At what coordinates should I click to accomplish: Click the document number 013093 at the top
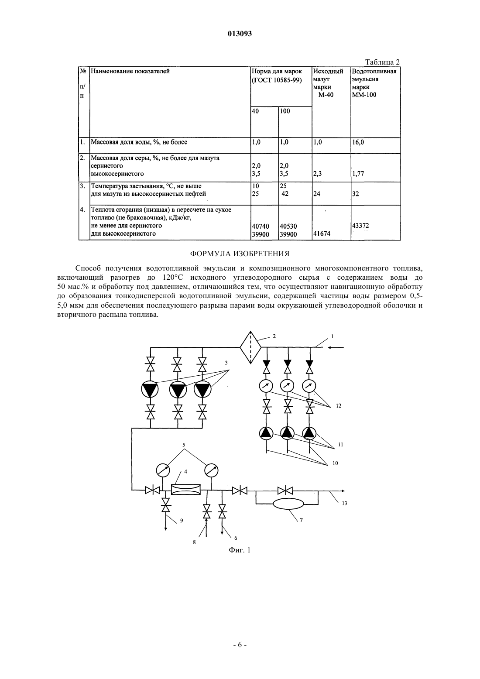tap(240, 34)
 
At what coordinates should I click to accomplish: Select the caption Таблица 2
tap(382, 62)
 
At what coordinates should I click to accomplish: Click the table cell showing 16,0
tap(358, 142)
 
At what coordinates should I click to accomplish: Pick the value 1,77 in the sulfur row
tap(358, 174)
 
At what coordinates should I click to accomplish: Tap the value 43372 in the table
tap(360, 226)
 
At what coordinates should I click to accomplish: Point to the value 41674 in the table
tap(322, 234)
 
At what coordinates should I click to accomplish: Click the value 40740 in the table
tap(261, 226)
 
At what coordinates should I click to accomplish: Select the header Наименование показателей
tap(130, 72)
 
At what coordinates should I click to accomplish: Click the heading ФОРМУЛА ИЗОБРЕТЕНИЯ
tap(240, 254)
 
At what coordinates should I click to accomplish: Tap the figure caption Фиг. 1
tap(240, 550)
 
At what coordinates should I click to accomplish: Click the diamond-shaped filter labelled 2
tap(250, 347)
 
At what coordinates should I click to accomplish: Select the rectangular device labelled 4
tap(186, 490)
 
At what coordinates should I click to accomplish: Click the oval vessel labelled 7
tap(288, 504)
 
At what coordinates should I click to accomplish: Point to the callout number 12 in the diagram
tap(339, 406)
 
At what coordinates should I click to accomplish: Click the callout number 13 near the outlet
tap(344, 503)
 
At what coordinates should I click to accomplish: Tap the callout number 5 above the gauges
tap(184, 445)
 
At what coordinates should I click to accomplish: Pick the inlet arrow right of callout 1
tap(336, 347)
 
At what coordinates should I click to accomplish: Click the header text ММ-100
tap(364, 95)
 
